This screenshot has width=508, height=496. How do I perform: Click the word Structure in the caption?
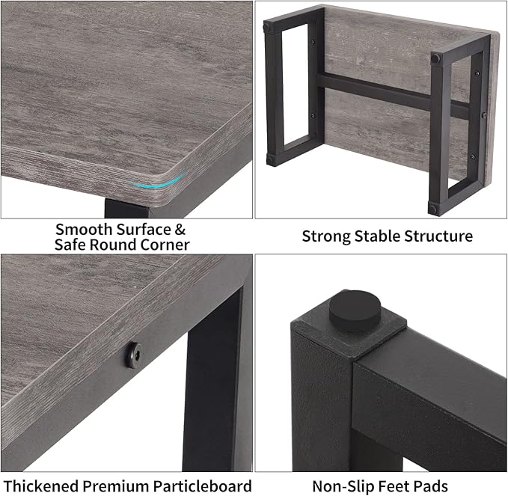438,236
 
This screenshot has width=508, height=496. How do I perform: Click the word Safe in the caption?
70,245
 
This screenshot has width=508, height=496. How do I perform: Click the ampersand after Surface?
180,229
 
